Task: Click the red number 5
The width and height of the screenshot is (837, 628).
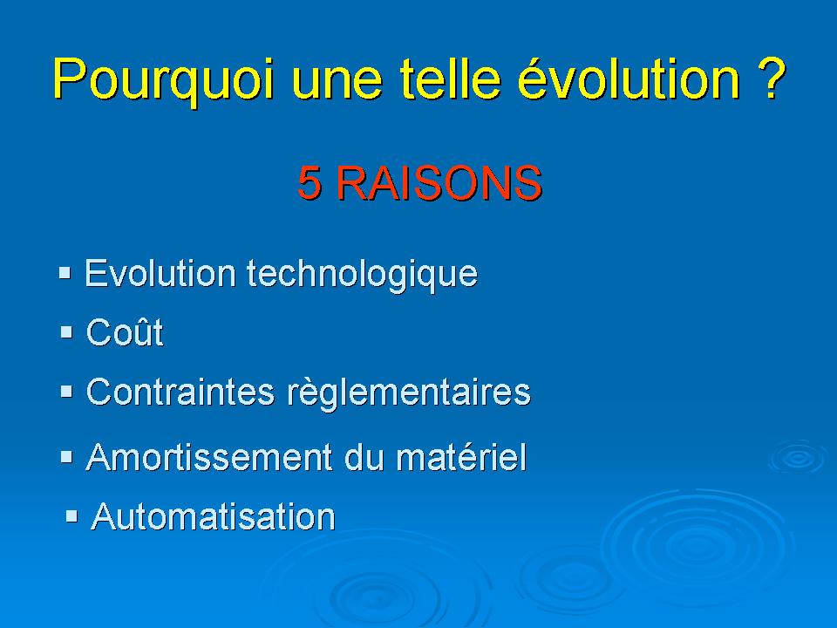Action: tap(310, 182)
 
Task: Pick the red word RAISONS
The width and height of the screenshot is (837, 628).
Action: tap(439, 182)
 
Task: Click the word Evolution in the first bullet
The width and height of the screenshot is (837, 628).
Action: tap(160, 273)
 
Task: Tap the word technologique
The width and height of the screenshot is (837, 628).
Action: tap(363, 275)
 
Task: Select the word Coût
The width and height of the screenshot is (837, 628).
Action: tap(125, 332)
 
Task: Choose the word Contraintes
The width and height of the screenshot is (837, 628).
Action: tap(180, 392)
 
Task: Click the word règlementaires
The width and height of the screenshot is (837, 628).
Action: tap(409, 394)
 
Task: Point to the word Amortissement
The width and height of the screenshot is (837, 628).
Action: tap(209, 457)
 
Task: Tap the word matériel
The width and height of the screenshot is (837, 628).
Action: tap(462, 457)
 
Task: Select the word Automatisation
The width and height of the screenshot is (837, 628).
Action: tap(213, 516)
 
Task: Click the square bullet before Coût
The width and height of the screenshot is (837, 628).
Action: tap(66, 332)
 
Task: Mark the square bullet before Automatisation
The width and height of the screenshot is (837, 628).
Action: tap(71, 516)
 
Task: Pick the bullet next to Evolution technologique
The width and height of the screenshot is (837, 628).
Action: tap(65, 273)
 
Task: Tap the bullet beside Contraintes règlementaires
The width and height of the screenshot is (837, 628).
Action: tap(66, 392)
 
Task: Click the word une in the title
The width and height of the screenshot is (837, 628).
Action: tap(337, 84)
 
